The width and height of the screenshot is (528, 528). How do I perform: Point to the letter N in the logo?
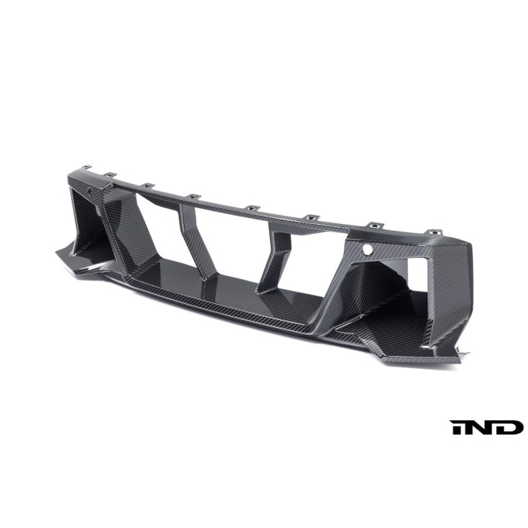tap(485, 428)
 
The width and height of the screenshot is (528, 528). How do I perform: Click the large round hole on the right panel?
tap(367, 248)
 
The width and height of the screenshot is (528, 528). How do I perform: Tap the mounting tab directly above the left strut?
tap(193, 197)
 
